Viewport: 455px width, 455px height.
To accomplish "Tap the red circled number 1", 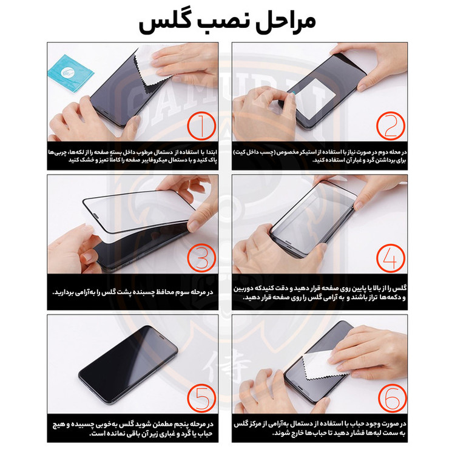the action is (201, 126).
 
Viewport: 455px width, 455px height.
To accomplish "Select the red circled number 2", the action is (391, 126).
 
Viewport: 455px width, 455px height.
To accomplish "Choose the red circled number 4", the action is (391, 258).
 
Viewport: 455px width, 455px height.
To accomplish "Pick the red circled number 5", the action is (201, 398).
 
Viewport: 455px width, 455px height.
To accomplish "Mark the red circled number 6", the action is (392, 398).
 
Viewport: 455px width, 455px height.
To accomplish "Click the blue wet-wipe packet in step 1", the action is (70, 73).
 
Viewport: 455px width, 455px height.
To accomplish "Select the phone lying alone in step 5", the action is (128, 365).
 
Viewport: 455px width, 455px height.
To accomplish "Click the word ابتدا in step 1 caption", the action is (211, 152).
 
